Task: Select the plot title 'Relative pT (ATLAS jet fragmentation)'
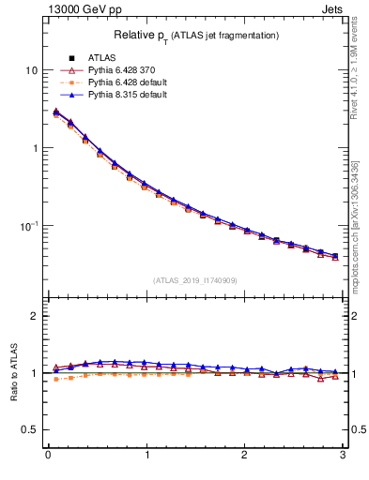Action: coord(196,35)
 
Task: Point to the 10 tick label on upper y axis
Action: coord(31,70)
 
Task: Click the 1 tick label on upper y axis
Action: coord(34,148)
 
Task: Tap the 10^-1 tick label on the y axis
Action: coord(29,225)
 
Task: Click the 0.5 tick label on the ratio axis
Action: coord(30,429)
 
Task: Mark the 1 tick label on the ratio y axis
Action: coord(34,373)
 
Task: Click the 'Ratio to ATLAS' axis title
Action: coord(12,372)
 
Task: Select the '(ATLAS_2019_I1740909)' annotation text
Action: coord(195,279)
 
